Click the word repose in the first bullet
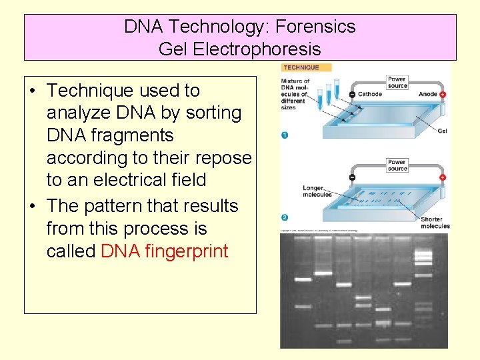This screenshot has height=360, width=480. tap(222, 158)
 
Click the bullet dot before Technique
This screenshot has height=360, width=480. tap(33, 91)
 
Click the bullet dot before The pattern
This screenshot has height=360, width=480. tap(33, 207)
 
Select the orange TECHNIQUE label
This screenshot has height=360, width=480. tap(301, 67)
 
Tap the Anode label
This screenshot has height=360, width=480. tap(427, 95)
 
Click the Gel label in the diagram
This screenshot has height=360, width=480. tap(442, 131)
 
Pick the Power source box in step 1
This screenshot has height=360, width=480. tap(397, 83)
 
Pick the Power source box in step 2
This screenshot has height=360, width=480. tap(397, 165)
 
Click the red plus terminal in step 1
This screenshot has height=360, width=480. tap(443, 95)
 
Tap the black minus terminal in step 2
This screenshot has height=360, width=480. tap(351, 178)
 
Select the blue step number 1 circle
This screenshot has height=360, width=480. tap(285, 135)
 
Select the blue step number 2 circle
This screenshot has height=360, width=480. tap(285, 217)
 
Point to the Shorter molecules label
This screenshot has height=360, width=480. tap(435, 223)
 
